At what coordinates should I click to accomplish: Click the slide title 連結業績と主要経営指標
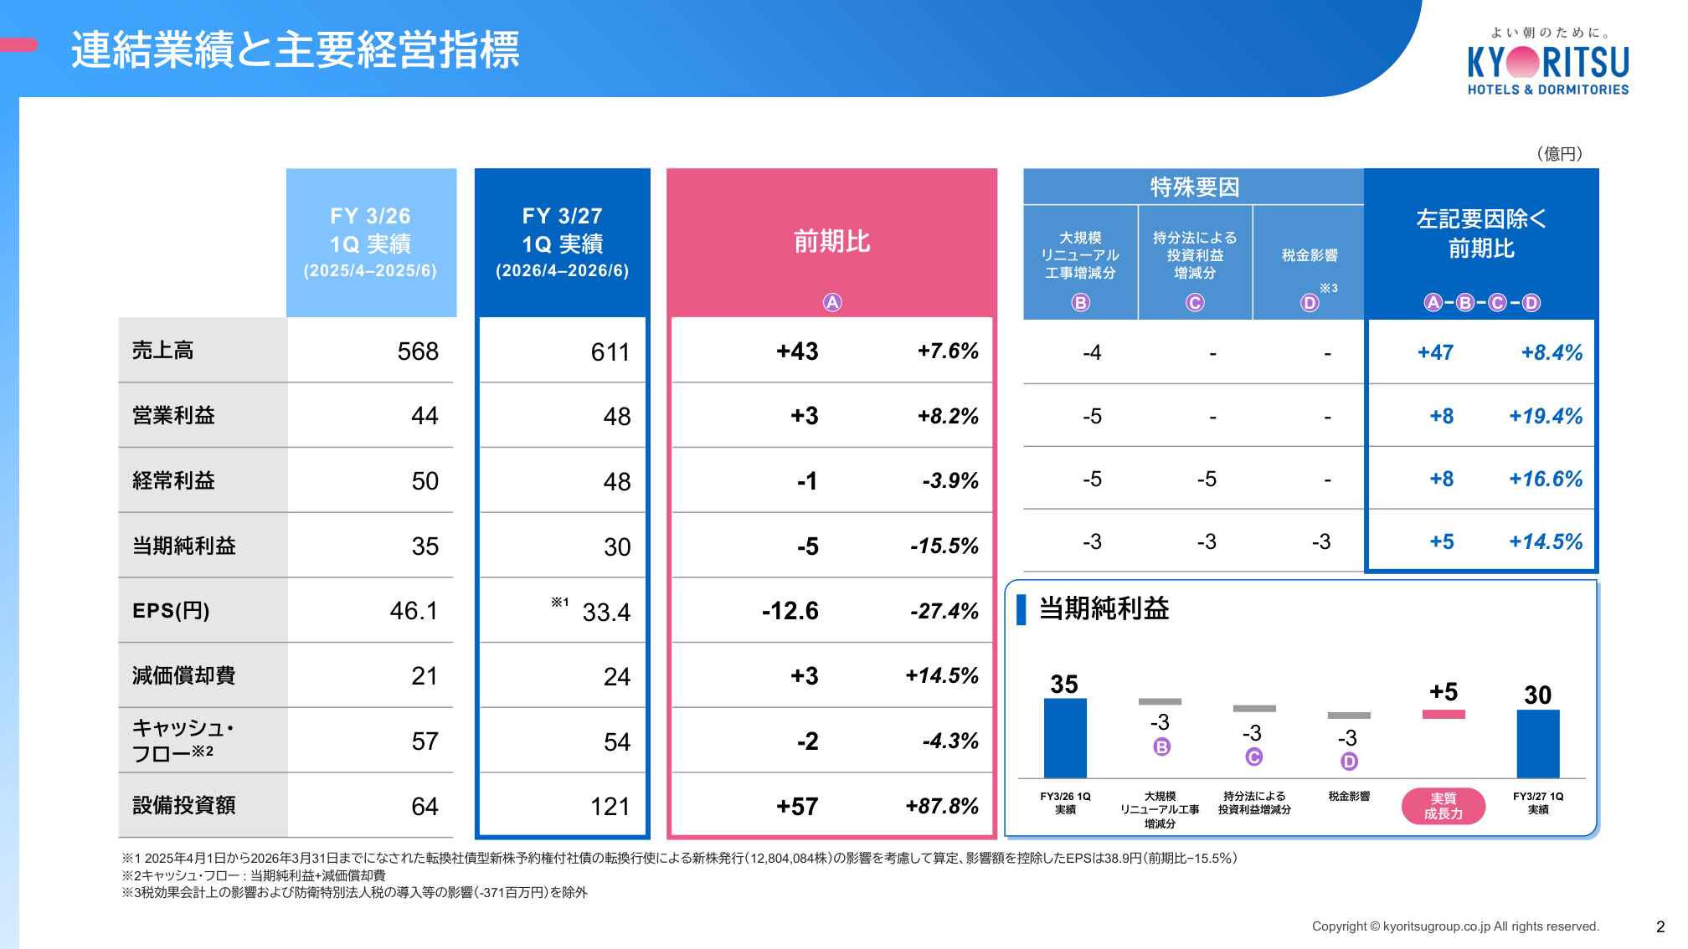coord(296,49)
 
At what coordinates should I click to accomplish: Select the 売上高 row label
coord(163,350)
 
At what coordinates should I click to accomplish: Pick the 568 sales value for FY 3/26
coord(418,351)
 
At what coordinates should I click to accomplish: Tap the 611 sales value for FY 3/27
coord(610,351)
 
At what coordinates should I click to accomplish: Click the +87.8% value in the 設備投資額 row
coord(942,806)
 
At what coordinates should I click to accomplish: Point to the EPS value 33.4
coord(606,612)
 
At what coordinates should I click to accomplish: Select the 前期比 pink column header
coord(832,241)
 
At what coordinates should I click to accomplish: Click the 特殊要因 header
coord(1194,187)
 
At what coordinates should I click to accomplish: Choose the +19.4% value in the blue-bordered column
coord(1546,416)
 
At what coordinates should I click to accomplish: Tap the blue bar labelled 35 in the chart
coord(1065,738)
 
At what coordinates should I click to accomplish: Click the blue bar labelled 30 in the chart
coord(1538,744)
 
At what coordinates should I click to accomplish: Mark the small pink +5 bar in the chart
coord(1444,714)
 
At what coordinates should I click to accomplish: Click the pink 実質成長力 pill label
coord(1444,806)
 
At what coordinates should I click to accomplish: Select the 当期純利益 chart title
coord(1104,608)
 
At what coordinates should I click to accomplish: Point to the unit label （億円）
coord(1559,153)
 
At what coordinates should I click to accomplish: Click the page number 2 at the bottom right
coord(1660,926)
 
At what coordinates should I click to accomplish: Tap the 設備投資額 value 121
coord(610,806)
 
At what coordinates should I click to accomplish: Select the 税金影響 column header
coord(1310,255)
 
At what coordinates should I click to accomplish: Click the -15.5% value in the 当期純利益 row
coord(944,546)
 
